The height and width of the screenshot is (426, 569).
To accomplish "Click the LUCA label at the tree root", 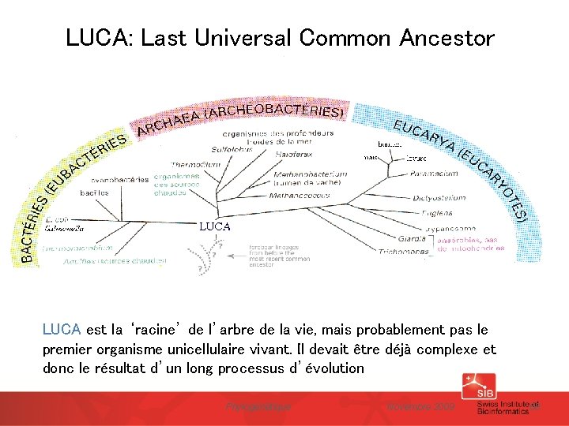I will click(215, 226).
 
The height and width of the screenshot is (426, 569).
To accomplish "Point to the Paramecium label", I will click(434, 173).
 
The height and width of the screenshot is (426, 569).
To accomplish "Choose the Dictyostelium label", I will click(439, 197).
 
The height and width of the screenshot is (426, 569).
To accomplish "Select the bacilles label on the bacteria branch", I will click(94, 192).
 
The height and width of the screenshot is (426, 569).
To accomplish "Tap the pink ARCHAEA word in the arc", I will click(167, 122).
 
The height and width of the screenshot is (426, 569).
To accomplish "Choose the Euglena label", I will click(436, 213).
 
